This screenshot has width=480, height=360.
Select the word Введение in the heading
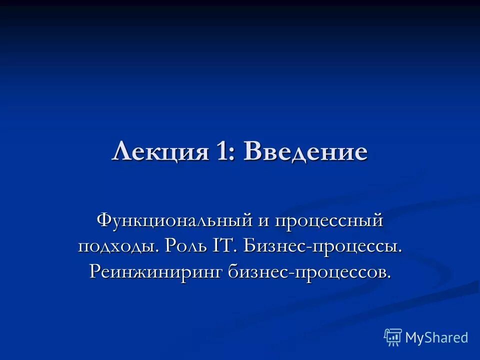(x=305, y=151)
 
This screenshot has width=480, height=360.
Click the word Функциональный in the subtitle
(x=174, y=221)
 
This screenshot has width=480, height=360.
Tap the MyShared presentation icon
(x=393, y=337)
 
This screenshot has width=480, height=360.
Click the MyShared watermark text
(x=436, y=337)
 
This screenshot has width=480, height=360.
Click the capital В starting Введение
(x=253, y=151)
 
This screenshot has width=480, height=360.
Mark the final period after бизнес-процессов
(x=388, y=277)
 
